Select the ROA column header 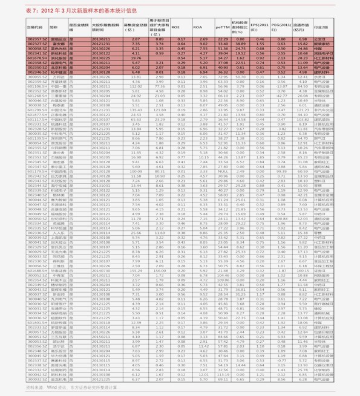pos(197,27)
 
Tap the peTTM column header pos(221,27)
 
